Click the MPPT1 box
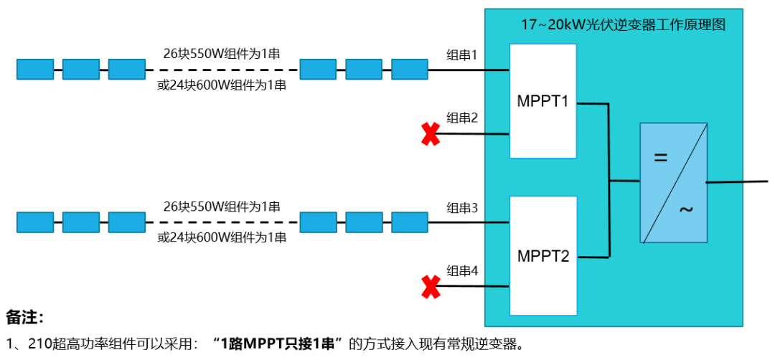point(542,101)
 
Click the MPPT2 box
point(542,255)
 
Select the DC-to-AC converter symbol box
point(673,182)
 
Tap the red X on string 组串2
point(431,134)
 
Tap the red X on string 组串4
point(431,287)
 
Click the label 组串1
point(462,55)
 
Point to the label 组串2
point(462,118)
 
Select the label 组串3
point(462,208)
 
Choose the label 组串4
point(462,271)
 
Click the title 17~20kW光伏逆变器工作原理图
point(623,25)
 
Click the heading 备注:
point(25,317)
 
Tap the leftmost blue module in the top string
point(35,70)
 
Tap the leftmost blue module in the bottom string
point(35,222)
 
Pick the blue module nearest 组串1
point(409,70)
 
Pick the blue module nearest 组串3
point(409,222)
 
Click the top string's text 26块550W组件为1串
point(222,54)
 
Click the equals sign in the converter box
point(661,158)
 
